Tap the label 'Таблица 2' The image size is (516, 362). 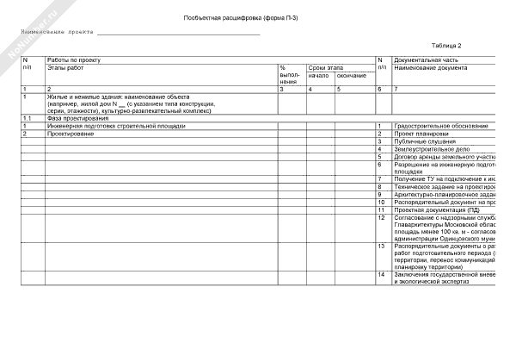(x=446, y=46)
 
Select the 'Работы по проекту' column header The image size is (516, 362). (x=74, y=59)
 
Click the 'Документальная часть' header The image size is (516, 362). (x=427, y=59)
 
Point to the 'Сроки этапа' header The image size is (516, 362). (x=325, y=67)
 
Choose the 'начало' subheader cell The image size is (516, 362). (x=318, y=75)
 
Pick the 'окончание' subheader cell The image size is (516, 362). (x=351, y=75)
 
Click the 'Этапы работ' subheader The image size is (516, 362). (x=65, y=67)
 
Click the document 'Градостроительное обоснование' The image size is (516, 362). (x=441, y=126)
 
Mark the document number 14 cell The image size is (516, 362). (x=381, y=274)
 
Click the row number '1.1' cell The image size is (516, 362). (x=28, y=118)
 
